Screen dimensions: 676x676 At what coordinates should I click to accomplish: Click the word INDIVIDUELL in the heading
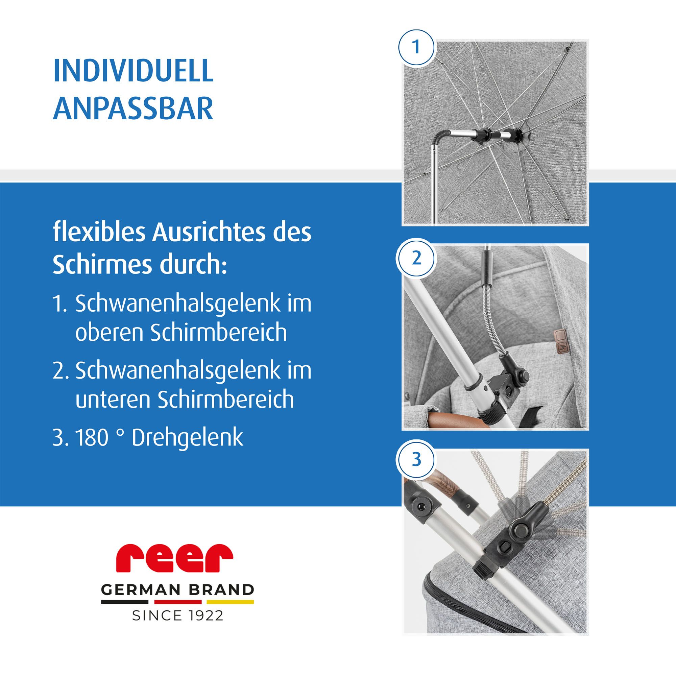[133, 71]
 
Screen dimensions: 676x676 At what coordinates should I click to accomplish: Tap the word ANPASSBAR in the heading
[133, 109]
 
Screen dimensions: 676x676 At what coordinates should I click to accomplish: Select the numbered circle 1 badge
[416, 47]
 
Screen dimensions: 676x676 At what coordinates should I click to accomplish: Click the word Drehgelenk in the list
[187, 437]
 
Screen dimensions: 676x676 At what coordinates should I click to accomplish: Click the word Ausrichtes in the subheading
[209, 233]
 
